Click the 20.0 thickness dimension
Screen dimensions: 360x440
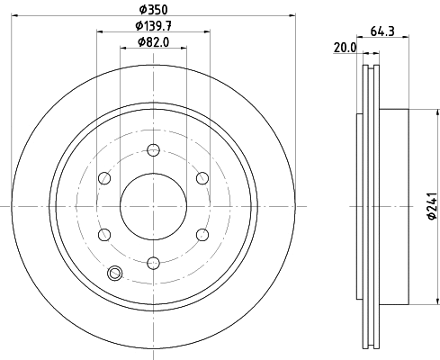(x=345, y=48)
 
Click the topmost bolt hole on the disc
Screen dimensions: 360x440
(x=153, y=149)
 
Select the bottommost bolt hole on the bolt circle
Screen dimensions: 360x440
(x=153, y=263)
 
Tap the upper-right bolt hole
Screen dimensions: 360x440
(x=202, y=178)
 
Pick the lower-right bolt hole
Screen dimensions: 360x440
(x=202, y=235)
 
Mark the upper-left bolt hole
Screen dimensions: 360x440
(x=104, y=178)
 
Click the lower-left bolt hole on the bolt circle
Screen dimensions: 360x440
(x=104, y=235)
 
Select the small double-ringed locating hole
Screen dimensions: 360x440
(x=114, y=274)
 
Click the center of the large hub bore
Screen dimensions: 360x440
(x=153, y=206)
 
